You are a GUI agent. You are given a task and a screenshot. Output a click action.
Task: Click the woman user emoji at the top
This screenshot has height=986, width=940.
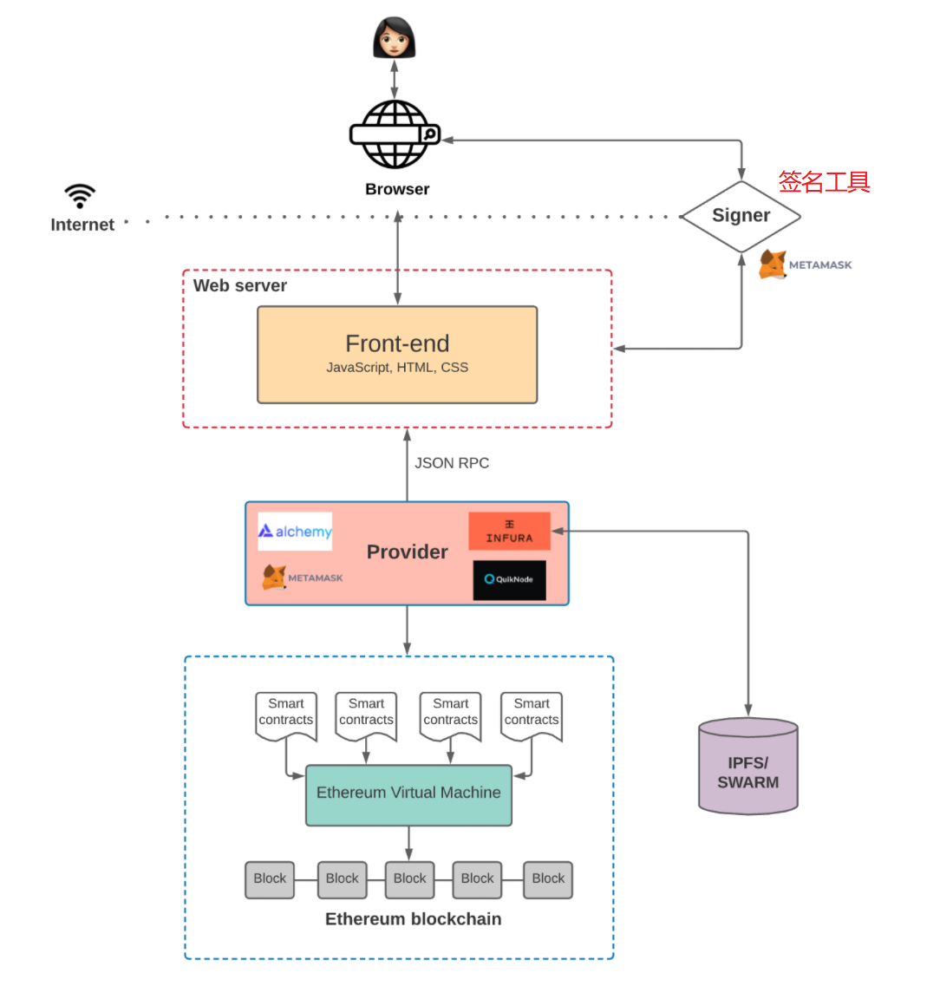coord(395,38)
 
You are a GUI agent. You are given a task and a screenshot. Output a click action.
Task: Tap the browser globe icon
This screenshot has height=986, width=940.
coord(395,134)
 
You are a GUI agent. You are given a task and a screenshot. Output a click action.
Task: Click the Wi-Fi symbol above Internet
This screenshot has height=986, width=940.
coord(80,196)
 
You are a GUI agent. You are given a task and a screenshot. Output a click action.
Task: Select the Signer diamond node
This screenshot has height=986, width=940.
coord(741,216)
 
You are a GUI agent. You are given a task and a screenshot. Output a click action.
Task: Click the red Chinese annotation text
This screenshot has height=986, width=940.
coord(824,182)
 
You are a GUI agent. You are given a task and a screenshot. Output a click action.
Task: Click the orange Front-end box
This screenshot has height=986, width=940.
coord(397,355)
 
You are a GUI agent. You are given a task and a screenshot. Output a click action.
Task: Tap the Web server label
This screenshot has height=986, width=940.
coord(240,286)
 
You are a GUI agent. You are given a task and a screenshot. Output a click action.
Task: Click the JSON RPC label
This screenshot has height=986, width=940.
coord(452,463)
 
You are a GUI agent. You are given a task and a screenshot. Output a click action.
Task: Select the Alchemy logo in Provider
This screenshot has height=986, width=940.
coord(295,532)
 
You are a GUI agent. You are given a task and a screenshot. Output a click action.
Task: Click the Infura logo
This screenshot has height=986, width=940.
coord(509,531)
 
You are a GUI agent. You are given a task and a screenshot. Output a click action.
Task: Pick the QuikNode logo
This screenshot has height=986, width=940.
coord(509,579)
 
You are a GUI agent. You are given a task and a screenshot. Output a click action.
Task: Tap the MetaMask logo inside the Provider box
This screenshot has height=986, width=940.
coord(303,578)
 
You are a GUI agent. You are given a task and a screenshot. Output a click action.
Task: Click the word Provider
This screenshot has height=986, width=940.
coord(407,552)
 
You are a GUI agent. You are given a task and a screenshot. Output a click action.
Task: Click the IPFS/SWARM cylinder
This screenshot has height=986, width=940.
coord(747,767)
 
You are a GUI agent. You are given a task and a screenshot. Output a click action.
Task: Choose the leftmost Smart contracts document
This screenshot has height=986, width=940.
coord(286,715)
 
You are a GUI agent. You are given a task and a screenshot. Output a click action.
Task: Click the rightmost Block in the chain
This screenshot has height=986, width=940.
coord(548,879)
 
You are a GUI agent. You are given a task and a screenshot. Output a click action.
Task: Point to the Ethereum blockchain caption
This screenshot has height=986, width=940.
coord(413,919)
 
